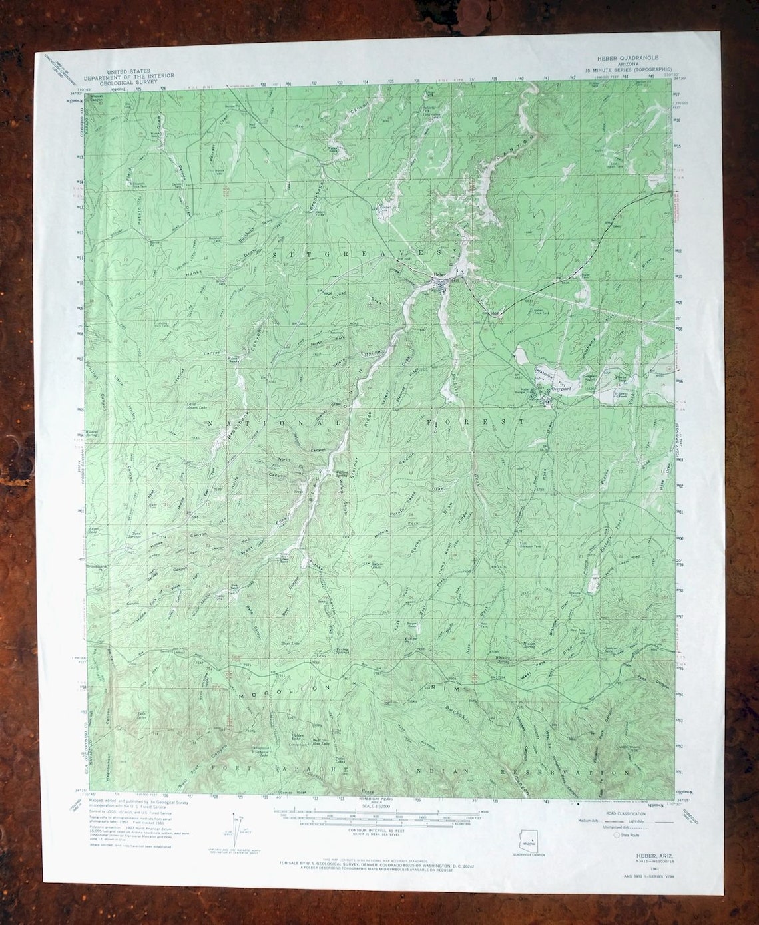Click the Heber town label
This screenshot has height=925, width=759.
(438, 274)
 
